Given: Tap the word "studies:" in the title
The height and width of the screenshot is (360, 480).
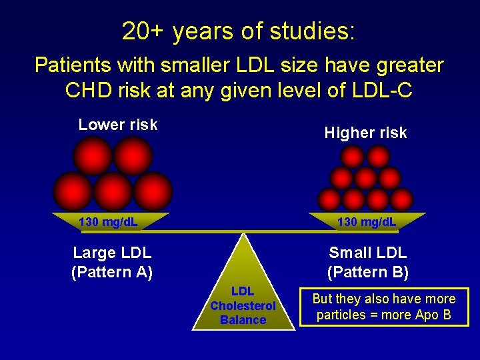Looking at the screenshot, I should tap(313, 31).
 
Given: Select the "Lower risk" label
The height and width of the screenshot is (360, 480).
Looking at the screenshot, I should tap(118, 125).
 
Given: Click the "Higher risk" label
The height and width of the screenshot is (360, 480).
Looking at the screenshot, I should tap(365, 133).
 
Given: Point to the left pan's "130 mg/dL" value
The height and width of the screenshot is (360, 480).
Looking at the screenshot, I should tap(108, 221).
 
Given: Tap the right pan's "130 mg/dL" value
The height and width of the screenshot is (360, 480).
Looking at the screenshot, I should tap(367, 221).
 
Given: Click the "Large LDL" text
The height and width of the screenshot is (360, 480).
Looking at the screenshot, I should tap(112, 253).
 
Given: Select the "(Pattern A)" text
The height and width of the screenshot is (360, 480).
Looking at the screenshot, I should tap(112, 272).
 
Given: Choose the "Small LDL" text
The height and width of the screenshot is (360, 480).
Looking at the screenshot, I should tap(368, 253).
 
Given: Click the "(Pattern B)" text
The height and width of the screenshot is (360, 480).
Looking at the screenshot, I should tap(368, 272).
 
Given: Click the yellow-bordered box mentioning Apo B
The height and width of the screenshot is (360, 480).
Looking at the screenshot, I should tap(384, 307).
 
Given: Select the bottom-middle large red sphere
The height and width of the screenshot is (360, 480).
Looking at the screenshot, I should tap(113, 191).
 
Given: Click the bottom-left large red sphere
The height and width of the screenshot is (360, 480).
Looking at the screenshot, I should tap(73, 191).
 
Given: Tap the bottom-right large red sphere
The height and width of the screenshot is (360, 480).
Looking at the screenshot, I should tap(153, 191).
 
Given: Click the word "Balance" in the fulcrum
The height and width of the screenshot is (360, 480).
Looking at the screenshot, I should tap(243, 320).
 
